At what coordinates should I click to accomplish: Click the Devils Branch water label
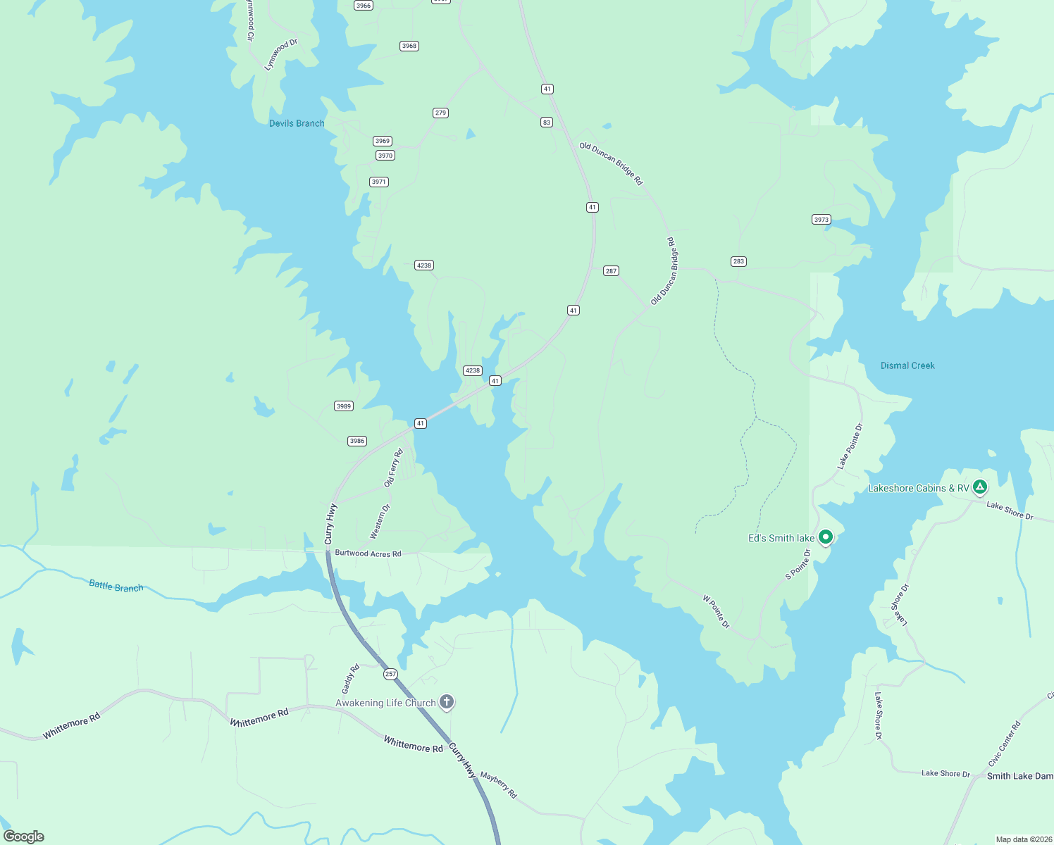(x=297, y=123)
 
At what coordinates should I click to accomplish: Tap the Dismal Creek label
(x=907, y=365)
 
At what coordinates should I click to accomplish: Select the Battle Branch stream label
(x=116, y=586)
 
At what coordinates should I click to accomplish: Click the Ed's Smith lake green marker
(x=826, y=537)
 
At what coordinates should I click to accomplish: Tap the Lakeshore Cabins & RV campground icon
(x=979, y=487)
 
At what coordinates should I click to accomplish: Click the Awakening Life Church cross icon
(x=446, y=701)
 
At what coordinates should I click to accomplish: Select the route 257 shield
(x=390, y=674)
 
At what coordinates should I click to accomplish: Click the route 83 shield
(x=546, y=123)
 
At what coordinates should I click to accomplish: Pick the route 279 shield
(x=440, y=113)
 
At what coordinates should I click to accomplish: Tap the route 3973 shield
(x=821, y=220)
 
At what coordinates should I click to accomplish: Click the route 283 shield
(x=738, y=261)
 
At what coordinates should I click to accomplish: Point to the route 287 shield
(x=611, y=271)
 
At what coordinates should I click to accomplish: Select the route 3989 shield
(x=343, y=406)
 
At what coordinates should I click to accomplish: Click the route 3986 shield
(x=357, y=441)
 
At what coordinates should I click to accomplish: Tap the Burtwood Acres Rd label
(x=368, y=553)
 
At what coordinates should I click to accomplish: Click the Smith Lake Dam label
(x=1019, y=776)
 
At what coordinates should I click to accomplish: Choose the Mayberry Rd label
(x=498, y=785)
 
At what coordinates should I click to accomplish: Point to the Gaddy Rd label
(x=350, y=678)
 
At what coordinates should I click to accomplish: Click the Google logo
(x=24, y=837)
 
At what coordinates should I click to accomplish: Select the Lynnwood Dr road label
(x=280, y=54)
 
